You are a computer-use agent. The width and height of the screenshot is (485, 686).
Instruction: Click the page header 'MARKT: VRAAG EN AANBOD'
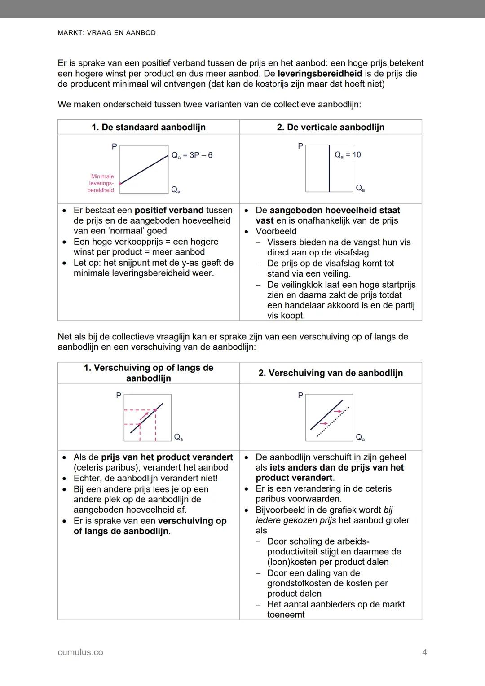(x=107, y=33)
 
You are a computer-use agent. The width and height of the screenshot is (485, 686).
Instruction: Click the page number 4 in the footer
(x=424, y=652)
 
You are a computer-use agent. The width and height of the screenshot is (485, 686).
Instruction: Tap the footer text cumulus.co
(x=80, y=652)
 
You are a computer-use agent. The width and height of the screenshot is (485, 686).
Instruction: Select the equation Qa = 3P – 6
(x=192, y=155)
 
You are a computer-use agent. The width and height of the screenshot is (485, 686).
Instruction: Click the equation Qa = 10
(x=348, y=155)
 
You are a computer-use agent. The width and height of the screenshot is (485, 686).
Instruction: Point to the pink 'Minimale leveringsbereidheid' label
(x=101, y=183)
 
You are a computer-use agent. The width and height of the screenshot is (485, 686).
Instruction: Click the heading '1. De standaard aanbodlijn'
(x=149, y=127)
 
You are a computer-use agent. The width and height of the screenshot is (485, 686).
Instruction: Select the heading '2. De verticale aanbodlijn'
(x=331, y=127)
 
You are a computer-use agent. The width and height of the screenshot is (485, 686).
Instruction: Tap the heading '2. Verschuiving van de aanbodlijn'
(x=331, y=373)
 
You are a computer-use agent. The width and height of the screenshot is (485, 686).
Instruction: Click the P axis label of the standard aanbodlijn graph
(x=114, y=146)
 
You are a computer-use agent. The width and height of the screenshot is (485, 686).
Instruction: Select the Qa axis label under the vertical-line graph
(x=360, y=189)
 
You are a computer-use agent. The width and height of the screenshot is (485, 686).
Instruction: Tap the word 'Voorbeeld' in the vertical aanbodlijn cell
(x=276, y=231)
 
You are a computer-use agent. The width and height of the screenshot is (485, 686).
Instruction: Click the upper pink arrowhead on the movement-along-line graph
(x=155, y=409)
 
